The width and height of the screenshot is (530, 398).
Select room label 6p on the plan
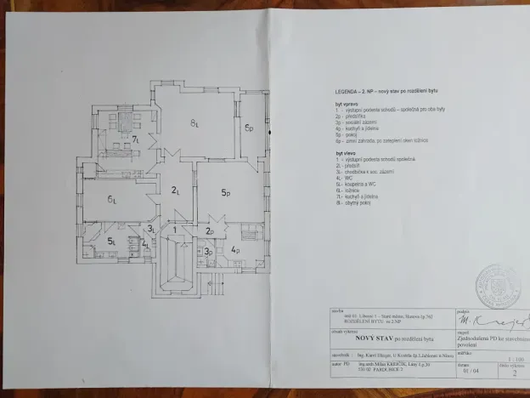coord(250,128)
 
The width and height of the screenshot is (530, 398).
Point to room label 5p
coord(226,193)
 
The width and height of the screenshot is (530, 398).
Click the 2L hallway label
coord(175,190)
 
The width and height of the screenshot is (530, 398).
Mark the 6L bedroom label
coord(111,200)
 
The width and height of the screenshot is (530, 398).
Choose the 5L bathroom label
coord(111,242)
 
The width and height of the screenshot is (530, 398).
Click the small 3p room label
coord(208,252)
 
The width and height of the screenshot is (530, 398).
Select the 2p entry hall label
coord(210,230)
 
